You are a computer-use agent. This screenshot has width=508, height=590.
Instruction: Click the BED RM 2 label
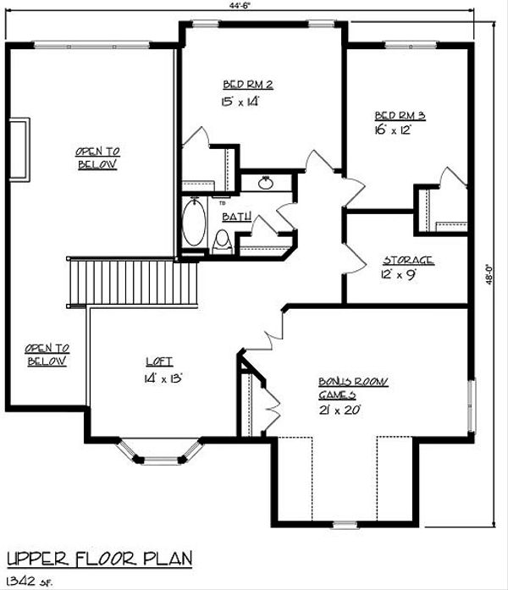point(247,84)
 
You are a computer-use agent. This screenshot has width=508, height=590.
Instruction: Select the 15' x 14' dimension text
point(240,102)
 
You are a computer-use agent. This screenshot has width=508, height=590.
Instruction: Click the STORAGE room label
point(408,260)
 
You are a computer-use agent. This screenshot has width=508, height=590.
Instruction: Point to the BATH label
point(235,218)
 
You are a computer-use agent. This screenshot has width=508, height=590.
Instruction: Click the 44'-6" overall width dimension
point(249,6)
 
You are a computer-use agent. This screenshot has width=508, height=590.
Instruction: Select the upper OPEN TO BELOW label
point(96,158)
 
